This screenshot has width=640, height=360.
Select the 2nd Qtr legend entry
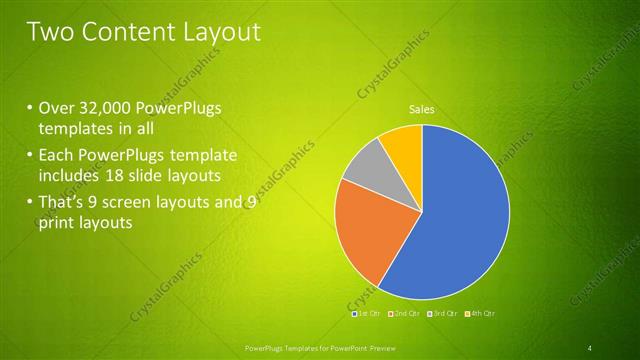pos(405,314)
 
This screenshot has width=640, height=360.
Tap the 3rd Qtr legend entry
pos(442,314)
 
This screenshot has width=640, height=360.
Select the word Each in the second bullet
pos(56,156)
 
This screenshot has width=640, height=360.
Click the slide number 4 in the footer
pos(590,348)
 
